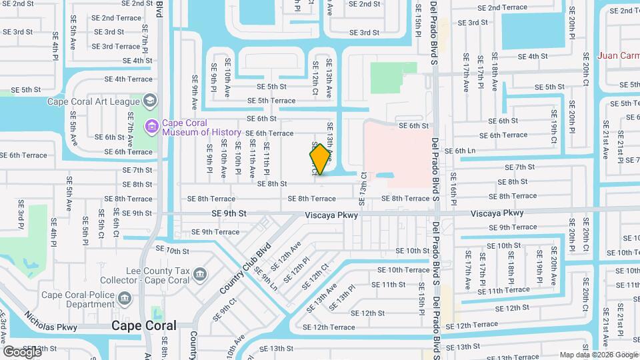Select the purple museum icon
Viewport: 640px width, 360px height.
153,125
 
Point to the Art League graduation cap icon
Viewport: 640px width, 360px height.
150,101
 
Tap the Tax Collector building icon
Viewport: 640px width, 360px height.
200,274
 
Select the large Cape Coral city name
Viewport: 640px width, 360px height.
144,325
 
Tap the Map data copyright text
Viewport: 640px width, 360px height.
599,355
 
